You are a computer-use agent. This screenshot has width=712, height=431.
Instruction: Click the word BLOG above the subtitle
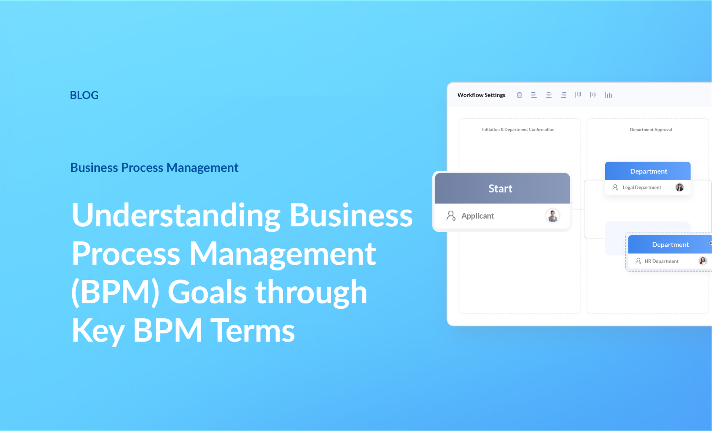(84, 95)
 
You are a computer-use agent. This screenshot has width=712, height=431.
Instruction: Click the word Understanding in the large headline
(176, 215)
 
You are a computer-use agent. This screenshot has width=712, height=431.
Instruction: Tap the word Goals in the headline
(207, 292)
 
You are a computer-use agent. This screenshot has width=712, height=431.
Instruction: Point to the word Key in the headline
(98, 331)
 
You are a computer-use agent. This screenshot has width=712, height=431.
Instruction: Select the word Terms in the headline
(253, 331)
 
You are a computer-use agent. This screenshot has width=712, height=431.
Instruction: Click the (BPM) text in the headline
(115, 292)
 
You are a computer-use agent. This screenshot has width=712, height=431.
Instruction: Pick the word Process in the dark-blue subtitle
(142, 168)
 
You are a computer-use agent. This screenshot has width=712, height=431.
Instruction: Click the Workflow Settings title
(481, 95)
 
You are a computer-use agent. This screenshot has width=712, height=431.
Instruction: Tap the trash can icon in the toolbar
(519, 95)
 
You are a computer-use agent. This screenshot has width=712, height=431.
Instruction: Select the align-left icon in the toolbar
(534, 95)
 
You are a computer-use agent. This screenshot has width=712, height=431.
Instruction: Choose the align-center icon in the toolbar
(549, 95)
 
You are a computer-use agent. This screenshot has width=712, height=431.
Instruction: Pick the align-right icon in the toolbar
(564, 95)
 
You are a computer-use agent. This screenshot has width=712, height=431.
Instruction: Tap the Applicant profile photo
(553, 216)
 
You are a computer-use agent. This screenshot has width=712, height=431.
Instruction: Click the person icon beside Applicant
(451, 216)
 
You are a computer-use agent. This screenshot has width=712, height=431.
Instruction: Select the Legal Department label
(642, 188)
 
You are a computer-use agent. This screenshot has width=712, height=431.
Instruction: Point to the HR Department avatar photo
(702, 261)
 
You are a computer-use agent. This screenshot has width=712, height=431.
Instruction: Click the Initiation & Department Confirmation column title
(518, 129)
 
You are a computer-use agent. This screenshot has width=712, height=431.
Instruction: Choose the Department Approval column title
(651, 129)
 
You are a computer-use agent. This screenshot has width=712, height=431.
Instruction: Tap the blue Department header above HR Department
(670, 245)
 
